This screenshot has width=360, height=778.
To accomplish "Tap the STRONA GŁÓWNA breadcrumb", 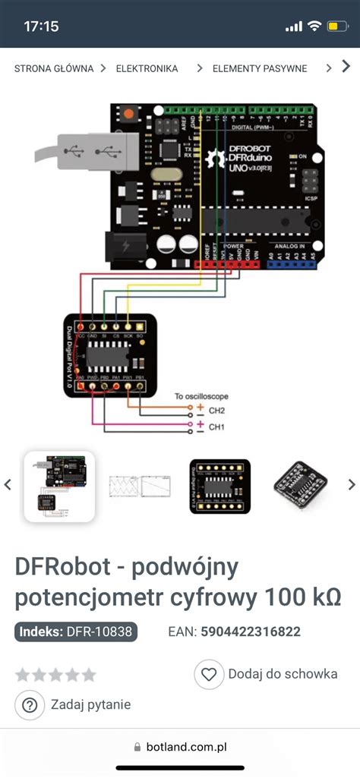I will pyautogui.click(x=53, y=68).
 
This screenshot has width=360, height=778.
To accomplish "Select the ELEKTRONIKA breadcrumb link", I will pyautogui.click(x=147, y=68).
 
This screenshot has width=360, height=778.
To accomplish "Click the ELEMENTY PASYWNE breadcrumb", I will pyautogui.click(x=260, y=68).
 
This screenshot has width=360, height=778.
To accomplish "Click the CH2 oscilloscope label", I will pyautogui.click(x=217, y=411).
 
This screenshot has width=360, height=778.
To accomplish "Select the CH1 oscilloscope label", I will pyautogui.click(x=217, y=427).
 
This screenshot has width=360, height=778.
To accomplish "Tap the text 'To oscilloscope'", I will pyautogui.click(x=201, y=396).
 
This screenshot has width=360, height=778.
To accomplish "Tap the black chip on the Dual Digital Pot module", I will pyautogui.click(x=109, y=356).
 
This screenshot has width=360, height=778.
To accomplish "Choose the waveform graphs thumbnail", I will pyautogui.click(x=140, y=486).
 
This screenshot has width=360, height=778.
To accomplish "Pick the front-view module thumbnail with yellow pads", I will pyautogui.click(x=219, y=486).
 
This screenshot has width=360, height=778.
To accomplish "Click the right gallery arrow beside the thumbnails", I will pyautogui.click(x=351, y=484).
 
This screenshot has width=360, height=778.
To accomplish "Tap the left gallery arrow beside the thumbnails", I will pyautogui.click(x=8, y=484).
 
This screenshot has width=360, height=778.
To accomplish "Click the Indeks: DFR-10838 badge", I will pyautogui.click(x=76, y=632).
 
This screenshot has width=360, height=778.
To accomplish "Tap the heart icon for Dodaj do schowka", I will pyautogui.click(x=208, y=673).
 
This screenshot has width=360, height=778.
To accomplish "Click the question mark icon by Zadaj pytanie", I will pyautogui.click(x=30, y=705).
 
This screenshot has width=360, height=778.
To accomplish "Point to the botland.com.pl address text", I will pyautogui.click(x=188, y=747).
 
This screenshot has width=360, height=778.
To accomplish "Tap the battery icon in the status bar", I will pyautogui.click(x=336, y=27).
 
